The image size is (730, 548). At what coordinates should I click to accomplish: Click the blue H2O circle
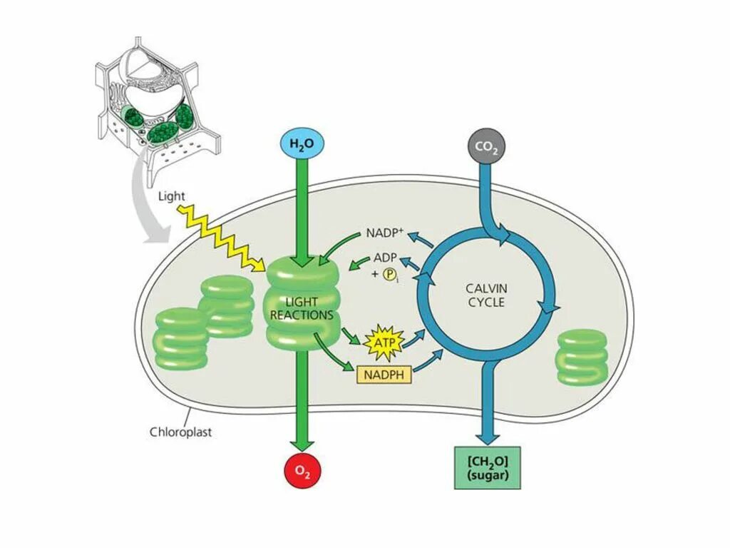[302, 144]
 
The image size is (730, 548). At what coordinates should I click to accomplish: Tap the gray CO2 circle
[487, 148]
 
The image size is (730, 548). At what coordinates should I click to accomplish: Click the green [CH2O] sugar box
[488, 467]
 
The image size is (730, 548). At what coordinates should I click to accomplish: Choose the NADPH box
[384, 374]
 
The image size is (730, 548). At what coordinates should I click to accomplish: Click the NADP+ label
[385, 233]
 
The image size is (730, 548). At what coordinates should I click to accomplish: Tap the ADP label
[386, 258]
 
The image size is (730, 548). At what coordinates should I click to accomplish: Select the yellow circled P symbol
[389, 275]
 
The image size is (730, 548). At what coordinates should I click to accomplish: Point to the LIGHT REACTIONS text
[302, 308]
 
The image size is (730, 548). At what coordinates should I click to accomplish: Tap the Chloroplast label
[180, 432]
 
